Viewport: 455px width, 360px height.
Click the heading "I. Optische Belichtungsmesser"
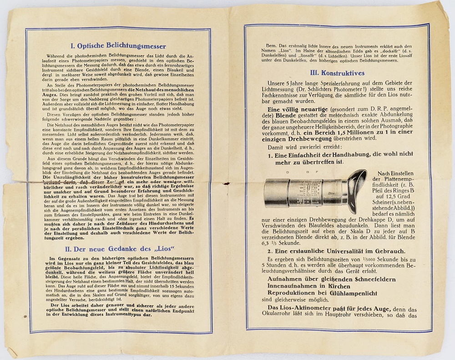pos(118,46)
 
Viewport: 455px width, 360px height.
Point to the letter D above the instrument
pos(288,172)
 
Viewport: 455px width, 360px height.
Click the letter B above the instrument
pos(308,172)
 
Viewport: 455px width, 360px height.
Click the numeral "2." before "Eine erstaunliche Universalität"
pos(270,251)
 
